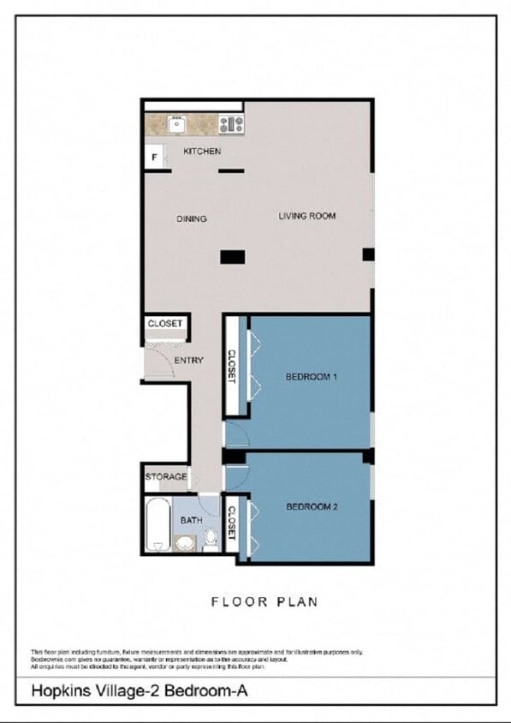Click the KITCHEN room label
coord(202,152)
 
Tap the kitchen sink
coord(177,123)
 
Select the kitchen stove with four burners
coord(231,123)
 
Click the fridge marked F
coord(155,158)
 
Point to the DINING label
coord(192,219)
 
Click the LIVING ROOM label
coord(306,216)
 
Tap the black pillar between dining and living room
coord(233,256)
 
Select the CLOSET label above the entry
coord(164,324)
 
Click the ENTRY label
coord(188,361)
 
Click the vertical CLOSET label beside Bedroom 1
coord(231,367)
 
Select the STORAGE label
coord(165,476)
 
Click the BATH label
coord(191,520)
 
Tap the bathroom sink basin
coord(185,542)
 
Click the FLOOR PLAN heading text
coord(264,602)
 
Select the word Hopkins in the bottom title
coord(59,690)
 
